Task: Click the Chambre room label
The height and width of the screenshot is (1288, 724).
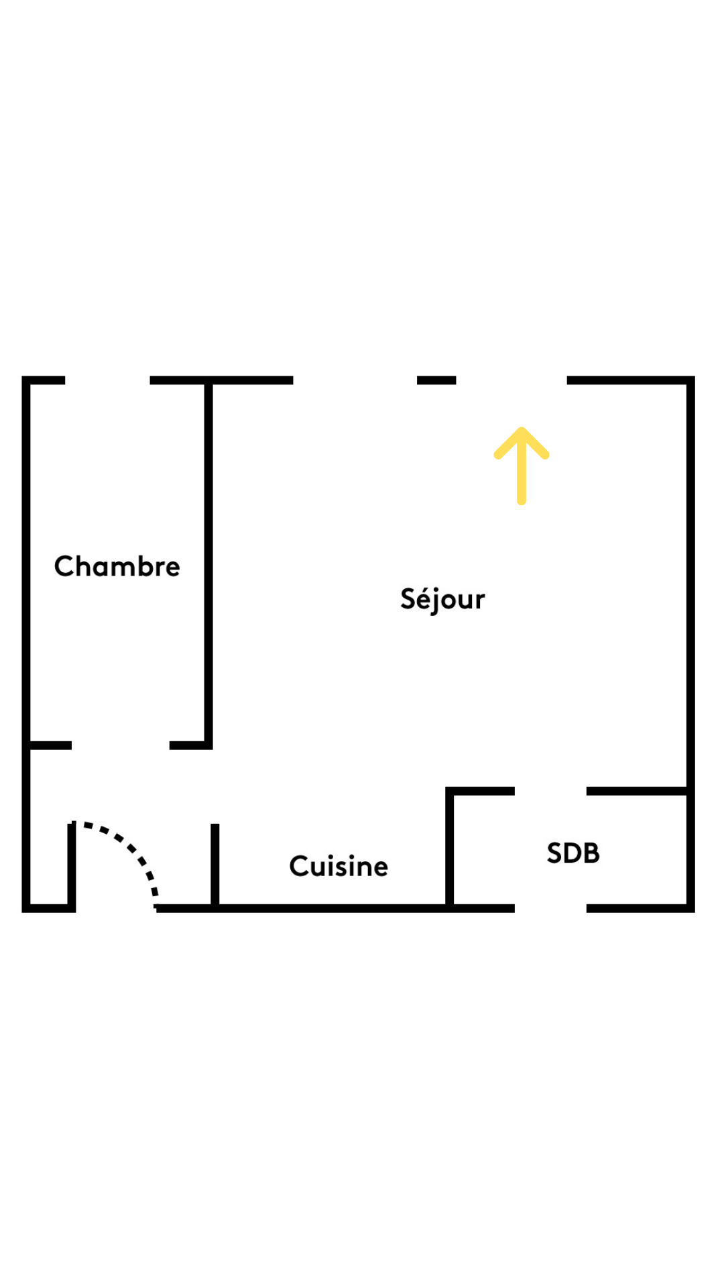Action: pos(117,566)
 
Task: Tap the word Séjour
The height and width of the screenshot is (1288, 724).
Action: pos(442,599)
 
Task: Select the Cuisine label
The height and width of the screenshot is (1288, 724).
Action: pos(339,866)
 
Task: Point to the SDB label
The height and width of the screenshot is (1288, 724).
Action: pos(573,853)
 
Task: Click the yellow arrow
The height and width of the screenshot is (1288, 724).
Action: pos(522,466)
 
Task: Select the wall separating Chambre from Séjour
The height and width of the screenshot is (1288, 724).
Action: pos(208,563)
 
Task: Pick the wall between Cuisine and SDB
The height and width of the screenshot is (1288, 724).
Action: pos(450,848)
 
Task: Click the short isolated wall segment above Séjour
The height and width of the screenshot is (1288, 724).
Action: pos(436,380)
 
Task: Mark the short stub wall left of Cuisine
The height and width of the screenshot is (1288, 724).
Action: pos(215,865)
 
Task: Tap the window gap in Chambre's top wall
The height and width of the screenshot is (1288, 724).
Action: pos(107,380)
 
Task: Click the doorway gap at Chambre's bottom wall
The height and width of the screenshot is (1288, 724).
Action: pos(121,745)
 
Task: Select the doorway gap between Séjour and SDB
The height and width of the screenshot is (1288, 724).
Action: pos(550,791)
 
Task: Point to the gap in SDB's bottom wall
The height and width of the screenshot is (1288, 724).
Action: pos(550,908)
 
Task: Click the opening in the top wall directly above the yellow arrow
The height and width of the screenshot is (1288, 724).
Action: pos(511,380)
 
